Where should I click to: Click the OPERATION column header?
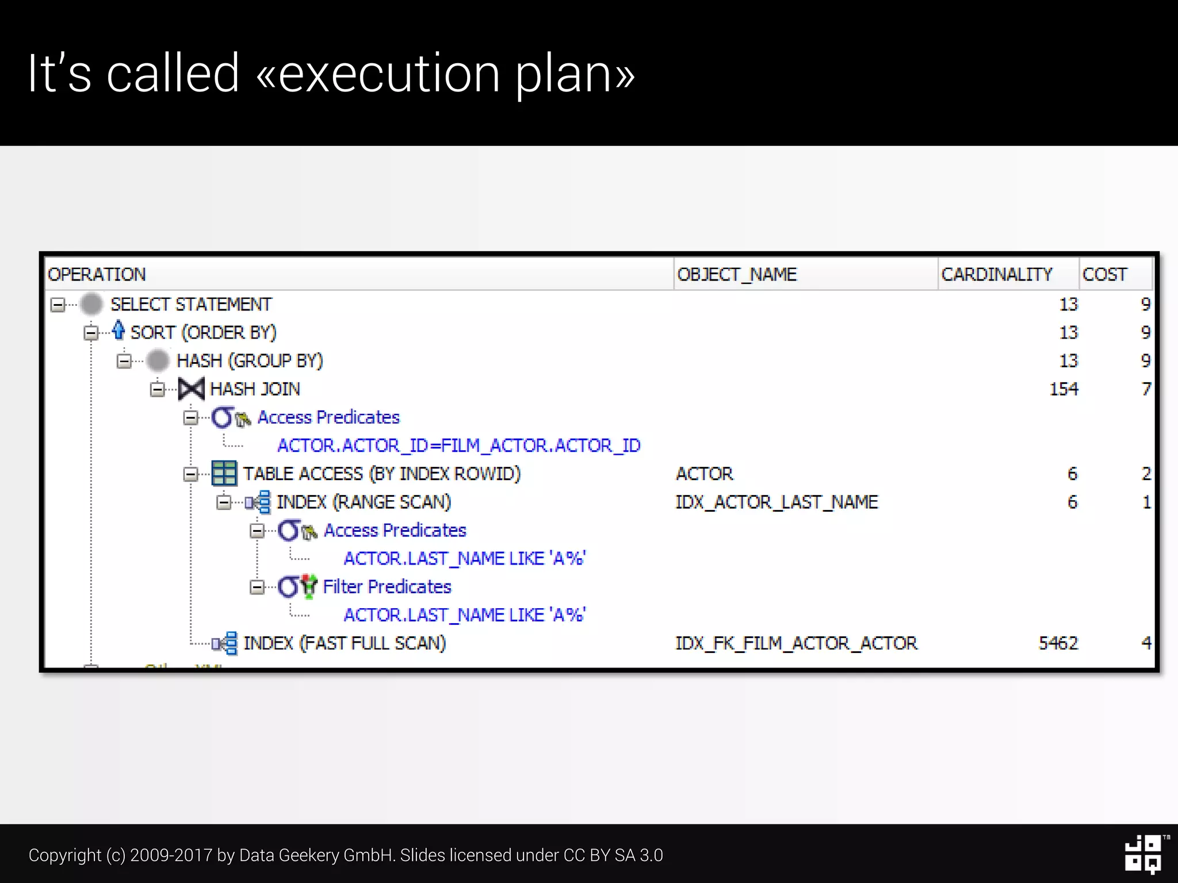pos(97,274)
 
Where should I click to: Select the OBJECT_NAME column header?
pos(737,274)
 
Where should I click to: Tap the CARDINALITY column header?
pos(996,274)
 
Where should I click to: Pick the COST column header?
pos(1104,274)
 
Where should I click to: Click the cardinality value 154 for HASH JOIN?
pos(1064,389)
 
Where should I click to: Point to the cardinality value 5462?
pos(1058,643)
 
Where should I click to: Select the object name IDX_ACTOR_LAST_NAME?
pos(777,502)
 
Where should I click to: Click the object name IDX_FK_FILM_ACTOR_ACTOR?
pos(796,643)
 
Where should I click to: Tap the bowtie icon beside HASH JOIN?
pos(191,389)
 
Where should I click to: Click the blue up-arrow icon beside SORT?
pos(118,331)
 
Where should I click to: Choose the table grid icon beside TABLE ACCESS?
pos(224,474)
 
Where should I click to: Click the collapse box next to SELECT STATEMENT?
pos(58,304)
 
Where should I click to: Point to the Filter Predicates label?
pos(387,586)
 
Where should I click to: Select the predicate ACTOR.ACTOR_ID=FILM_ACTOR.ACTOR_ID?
pos(458,446)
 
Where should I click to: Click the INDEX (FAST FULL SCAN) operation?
pos(345,643)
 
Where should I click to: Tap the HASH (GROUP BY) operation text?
pos(250,360)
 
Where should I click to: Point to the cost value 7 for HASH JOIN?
pos(1146,389)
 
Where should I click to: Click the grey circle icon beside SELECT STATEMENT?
pos(91,304)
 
